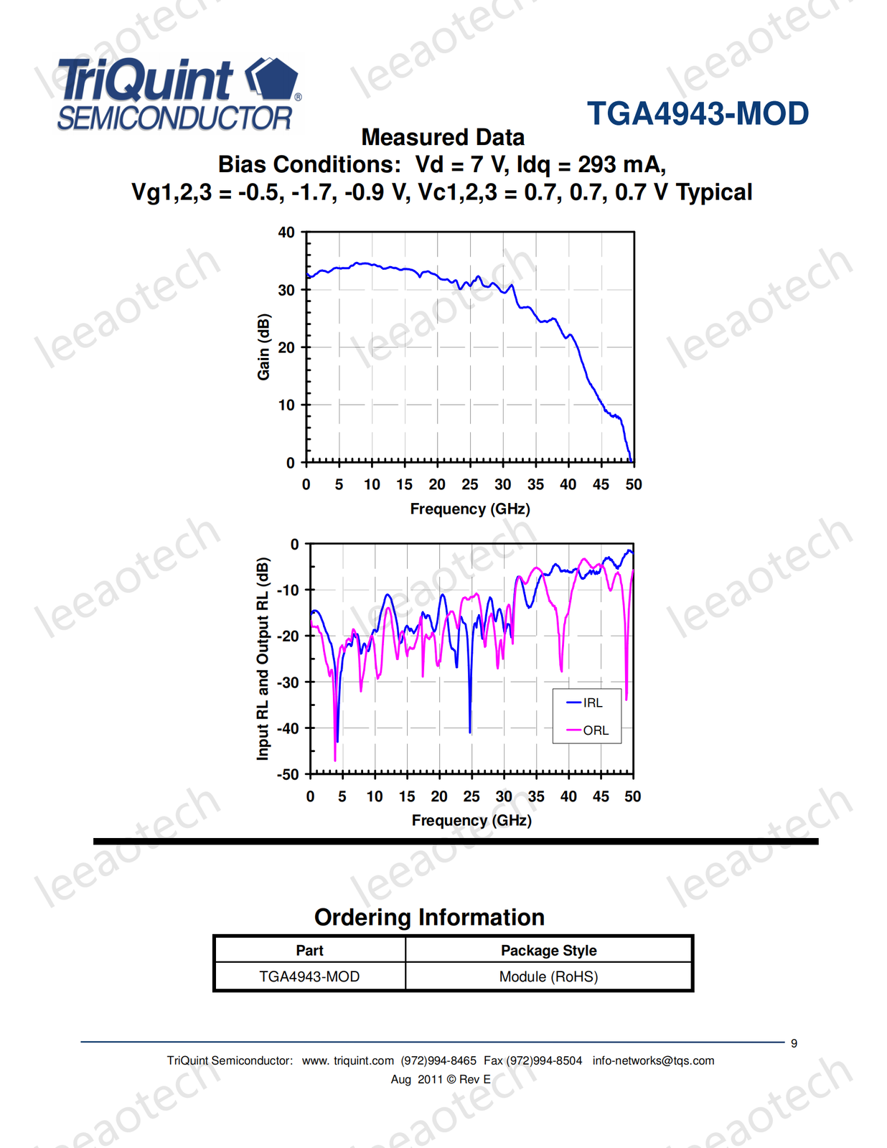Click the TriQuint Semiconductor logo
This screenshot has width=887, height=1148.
[177, 95]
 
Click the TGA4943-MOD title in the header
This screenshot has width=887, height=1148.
[698, 114]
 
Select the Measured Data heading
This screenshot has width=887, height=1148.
[443, 137]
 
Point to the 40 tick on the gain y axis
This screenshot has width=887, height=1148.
[286, 232]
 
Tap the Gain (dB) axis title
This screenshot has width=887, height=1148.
[264, 347]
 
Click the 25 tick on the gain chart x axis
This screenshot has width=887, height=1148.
[470, 485]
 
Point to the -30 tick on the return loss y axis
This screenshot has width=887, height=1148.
[288, 682]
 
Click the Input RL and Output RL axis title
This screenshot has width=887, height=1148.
[263, 658]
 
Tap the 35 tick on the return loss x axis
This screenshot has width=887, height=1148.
[536, 796]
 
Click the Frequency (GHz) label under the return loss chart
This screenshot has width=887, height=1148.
[471, 820]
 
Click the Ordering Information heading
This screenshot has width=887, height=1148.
[429, 917]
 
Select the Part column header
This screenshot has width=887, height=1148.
[309, 951]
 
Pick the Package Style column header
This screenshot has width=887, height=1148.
[548, 951]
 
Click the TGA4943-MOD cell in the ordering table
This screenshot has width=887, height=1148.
[309, 977]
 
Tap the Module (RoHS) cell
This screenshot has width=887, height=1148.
[548, 977]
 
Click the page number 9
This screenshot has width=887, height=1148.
[794, 1043]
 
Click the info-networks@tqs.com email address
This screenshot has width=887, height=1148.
[653, 1060]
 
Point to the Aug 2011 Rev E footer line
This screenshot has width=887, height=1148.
[441, 1079]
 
